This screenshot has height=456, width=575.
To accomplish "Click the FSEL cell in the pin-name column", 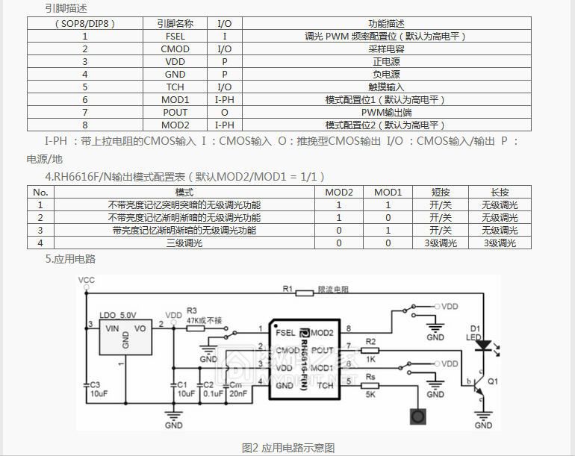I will tap(175, 36).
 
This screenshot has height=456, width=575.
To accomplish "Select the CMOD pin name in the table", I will tap(175, 49).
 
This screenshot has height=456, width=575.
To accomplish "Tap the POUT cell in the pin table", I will tap(175, 112).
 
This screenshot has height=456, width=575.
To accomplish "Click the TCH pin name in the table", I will tap(175, 87).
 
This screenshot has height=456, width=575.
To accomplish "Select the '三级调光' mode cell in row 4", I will tap(184, 243).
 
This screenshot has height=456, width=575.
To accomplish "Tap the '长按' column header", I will tap(500, 192).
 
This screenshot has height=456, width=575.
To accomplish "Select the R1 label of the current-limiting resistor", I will tap(287, 288).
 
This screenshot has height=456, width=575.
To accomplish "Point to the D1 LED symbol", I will tap(482, 346).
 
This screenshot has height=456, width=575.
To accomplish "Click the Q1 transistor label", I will tap(493, 381).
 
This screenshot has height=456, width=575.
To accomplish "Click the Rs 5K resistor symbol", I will tap(371, 386).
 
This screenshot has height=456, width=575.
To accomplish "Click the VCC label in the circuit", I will tap(87, 280).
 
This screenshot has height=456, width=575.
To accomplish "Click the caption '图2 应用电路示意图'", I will tap(288, 447).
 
